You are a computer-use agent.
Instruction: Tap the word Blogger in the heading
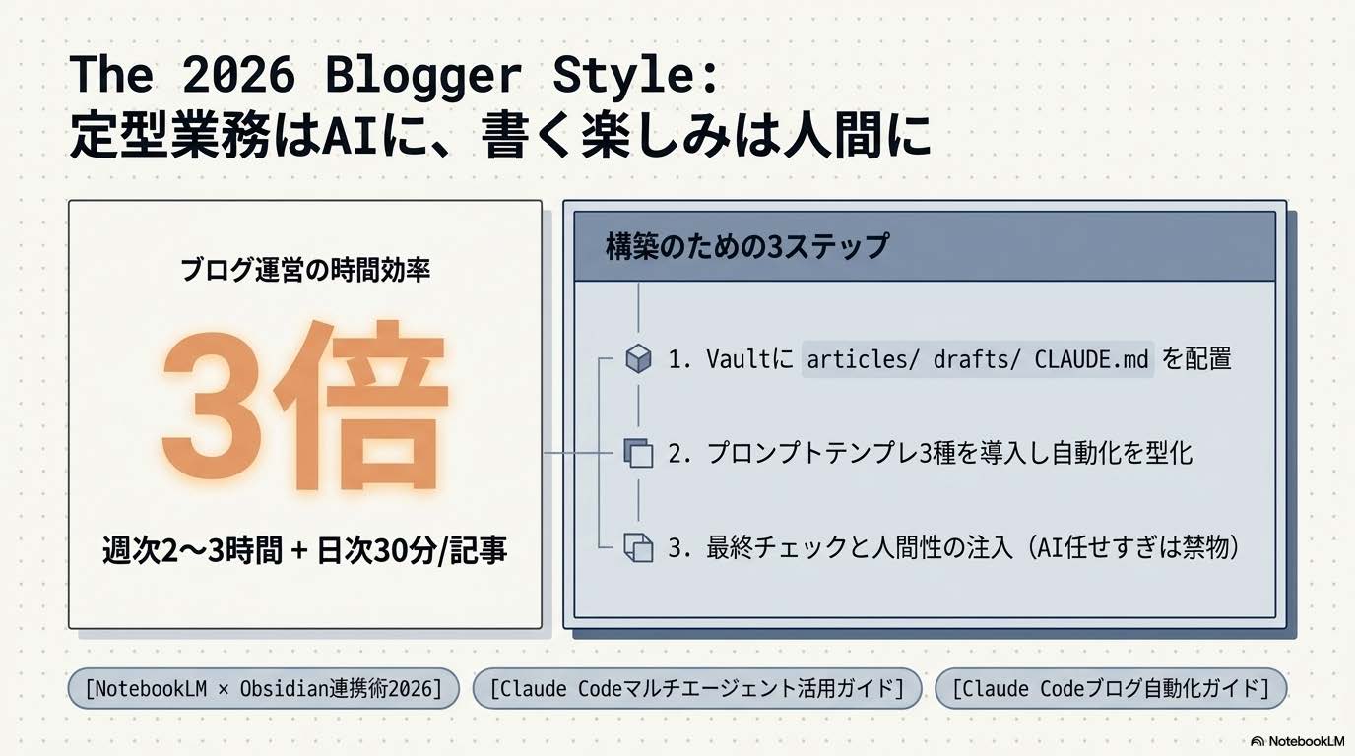click(431, 77)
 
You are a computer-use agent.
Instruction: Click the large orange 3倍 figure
click(304, 407)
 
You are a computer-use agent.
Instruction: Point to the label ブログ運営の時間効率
click(305, 271)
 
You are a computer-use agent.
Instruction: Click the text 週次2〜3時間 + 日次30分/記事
click(305, 550)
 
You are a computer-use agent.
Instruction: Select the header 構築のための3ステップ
click(746, 246)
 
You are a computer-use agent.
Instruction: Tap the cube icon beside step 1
click(639, 359)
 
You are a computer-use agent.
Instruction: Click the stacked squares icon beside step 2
click(639, 454)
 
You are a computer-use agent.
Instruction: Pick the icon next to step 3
click(639, 547)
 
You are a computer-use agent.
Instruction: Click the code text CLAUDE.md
click(1091, 359)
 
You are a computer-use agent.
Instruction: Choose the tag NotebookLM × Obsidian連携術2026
click(264, 688)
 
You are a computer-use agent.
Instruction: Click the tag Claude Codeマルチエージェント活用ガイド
click(696, 688)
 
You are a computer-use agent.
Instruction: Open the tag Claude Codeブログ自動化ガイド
click(1110, 688)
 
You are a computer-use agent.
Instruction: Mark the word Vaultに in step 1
click(749, 359)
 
